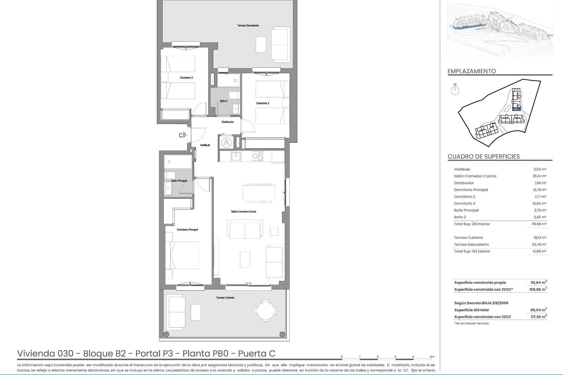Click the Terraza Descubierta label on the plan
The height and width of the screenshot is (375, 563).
(x=248, y=25)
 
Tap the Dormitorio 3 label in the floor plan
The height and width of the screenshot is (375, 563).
(x=186, y=78)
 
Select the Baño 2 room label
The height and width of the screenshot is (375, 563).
(x=224, y=101)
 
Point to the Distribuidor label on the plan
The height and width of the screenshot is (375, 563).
(x=228, y=122)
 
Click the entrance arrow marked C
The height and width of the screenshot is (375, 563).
(x=184, y=135)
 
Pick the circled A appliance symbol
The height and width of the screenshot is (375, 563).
(x=226, y=143)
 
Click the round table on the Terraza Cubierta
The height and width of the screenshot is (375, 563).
(x=265, y=311)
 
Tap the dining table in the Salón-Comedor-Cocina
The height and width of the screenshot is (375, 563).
(x=259, y=193)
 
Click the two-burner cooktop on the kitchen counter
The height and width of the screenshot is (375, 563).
(x=257, y=157)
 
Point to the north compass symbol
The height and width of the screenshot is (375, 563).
(x=455, y=90)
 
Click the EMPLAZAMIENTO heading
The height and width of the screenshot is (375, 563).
(x=472, y=71)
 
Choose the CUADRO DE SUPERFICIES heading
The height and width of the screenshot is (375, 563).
(x=484, y=156)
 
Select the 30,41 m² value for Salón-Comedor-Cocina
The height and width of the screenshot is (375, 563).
(x=539, y=176)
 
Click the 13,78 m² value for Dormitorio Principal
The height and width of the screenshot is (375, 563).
(x=539, y=190)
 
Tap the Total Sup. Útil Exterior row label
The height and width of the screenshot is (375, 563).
(x=472, y=251)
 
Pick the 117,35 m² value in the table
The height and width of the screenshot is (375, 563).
(x=538, y=317)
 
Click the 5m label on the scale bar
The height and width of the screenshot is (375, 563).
(x=432, y=357)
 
